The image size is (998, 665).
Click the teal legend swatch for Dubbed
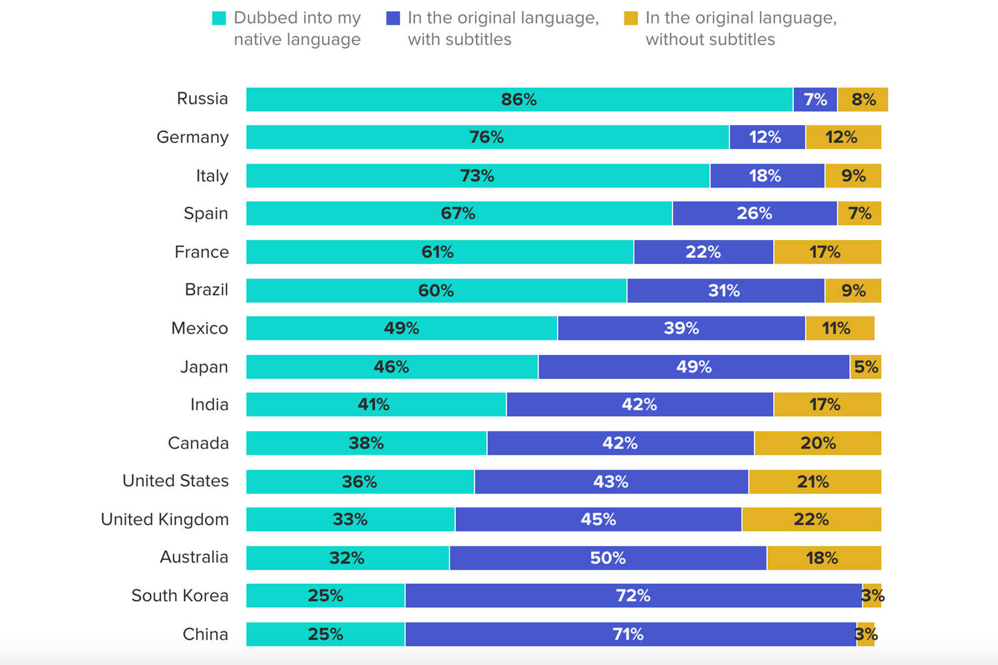tap(219, 19)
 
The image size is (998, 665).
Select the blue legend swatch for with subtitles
tap(393, 19)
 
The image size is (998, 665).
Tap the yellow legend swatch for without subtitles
tap(631, 19)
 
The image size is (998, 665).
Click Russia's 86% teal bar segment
tap(519, 100)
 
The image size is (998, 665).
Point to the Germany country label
tap(192, 137)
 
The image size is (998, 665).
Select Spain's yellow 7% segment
tap(859, 213)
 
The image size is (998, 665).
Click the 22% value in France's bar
tap(703, 252)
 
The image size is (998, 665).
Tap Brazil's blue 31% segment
tap(725, 291)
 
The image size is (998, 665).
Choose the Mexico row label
tap(200, 329)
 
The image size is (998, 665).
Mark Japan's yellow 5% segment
tap(866, 367)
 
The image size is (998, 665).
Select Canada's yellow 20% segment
tap(818, 443)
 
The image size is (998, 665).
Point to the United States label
tap(176, 481)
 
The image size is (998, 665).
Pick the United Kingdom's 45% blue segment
tap(598, 519)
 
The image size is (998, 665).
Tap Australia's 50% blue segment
tap(607, 558)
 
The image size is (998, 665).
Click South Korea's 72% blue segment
tap(633, 596)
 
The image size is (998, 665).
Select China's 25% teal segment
tap(325, 634)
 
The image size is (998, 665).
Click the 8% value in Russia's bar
tap(864, 100)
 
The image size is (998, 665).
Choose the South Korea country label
tap(180, 596)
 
